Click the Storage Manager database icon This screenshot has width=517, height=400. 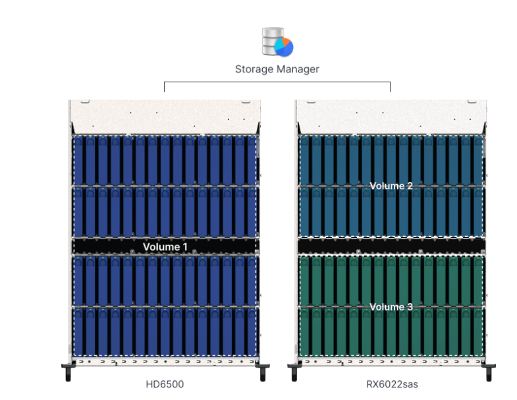[x=277, y=42]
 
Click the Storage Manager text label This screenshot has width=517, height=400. [x=277, y=69]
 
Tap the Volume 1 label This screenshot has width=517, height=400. [x=165, y=247]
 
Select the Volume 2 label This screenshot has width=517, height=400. [x=391, y=186]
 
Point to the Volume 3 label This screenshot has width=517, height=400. [x=391, y=307]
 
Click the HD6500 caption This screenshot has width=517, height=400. [x=165, y=384]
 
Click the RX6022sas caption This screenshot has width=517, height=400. [x=392, y=384]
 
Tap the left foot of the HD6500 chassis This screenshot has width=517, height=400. [x=68, y=372]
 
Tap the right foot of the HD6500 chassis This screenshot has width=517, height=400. [x=263, y=372]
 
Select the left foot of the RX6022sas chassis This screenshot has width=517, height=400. [x=294, y=372]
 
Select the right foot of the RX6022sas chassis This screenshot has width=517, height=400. [x=489, y=372]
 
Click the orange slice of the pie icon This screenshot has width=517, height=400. [x=286, y=42]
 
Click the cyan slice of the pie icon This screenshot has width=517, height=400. [x=279, y=45]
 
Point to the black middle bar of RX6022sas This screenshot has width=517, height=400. [x=391, y=246]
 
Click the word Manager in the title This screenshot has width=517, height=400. [x=298, y=69]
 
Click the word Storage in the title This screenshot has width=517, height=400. [x=254, y=70]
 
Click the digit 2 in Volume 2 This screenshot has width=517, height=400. [x=410, y=186]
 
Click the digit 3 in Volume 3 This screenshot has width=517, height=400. [x=410, y=307]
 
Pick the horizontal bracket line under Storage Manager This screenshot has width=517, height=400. [x=277, y=82]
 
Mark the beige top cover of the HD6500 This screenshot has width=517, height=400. [x=165, y=117]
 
